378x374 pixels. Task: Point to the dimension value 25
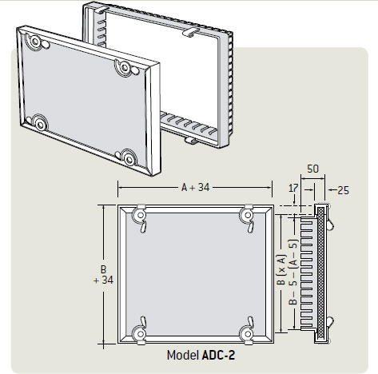344,189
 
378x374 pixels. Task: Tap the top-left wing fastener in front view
138,216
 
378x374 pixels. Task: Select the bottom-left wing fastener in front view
138,329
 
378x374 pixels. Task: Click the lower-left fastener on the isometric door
36,122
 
